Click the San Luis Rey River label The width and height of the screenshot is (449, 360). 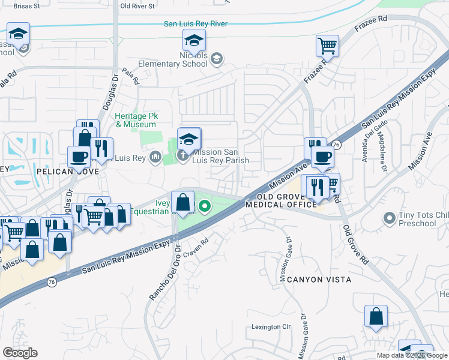[x=196, y=24]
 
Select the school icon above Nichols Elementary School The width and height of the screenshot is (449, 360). [x=194, y=41]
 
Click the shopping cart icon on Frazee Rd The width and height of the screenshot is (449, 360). [x=327, y=45]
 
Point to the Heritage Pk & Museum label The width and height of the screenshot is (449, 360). [x=136, y=121]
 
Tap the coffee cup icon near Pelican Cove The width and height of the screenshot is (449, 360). [x=79, y=157]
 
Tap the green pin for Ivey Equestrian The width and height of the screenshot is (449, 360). [x=205, y=208]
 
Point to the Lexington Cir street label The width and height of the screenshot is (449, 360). [x=271, y=328]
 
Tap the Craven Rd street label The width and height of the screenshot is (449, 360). [x=196, y=244]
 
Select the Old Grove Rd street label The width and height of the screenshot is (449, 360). [x=355, y=245]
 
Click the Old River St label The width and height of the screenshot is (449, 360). [x=137, y=5]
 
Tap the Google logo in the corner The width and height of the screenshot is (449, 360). [x=20, y=353]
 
